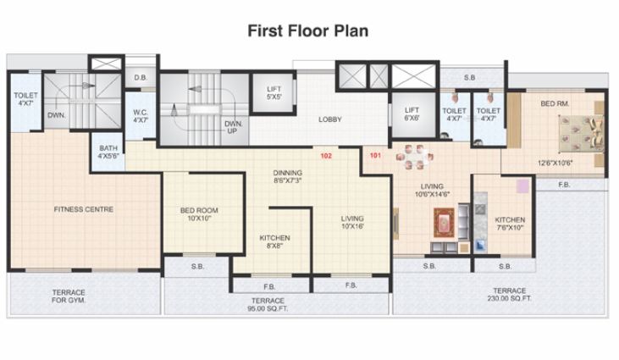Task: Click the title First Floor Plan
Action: point(307,31)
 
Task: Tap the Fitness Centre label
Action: point(83,208)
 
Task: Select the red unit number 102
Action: point(325,155)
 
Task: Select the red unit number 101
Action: point(376,155)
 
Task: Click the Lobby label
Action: point(329,119)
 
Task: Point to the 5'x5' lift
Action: point(274,92)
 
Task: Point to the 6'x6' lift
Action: point(412,114)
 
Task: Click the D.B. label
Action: point(141,78)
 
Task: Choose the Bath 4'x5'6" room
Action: point(108,152)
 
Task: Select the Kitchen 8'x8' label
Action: point(274,242)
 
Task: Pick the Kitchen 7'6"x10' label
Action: point(510,224)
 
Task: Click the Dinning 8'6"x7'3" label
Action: point(288,176)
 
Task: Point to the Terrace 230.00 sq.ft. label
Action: point(510,295)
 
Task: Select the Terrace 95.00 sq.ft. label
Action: point(268,305)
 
